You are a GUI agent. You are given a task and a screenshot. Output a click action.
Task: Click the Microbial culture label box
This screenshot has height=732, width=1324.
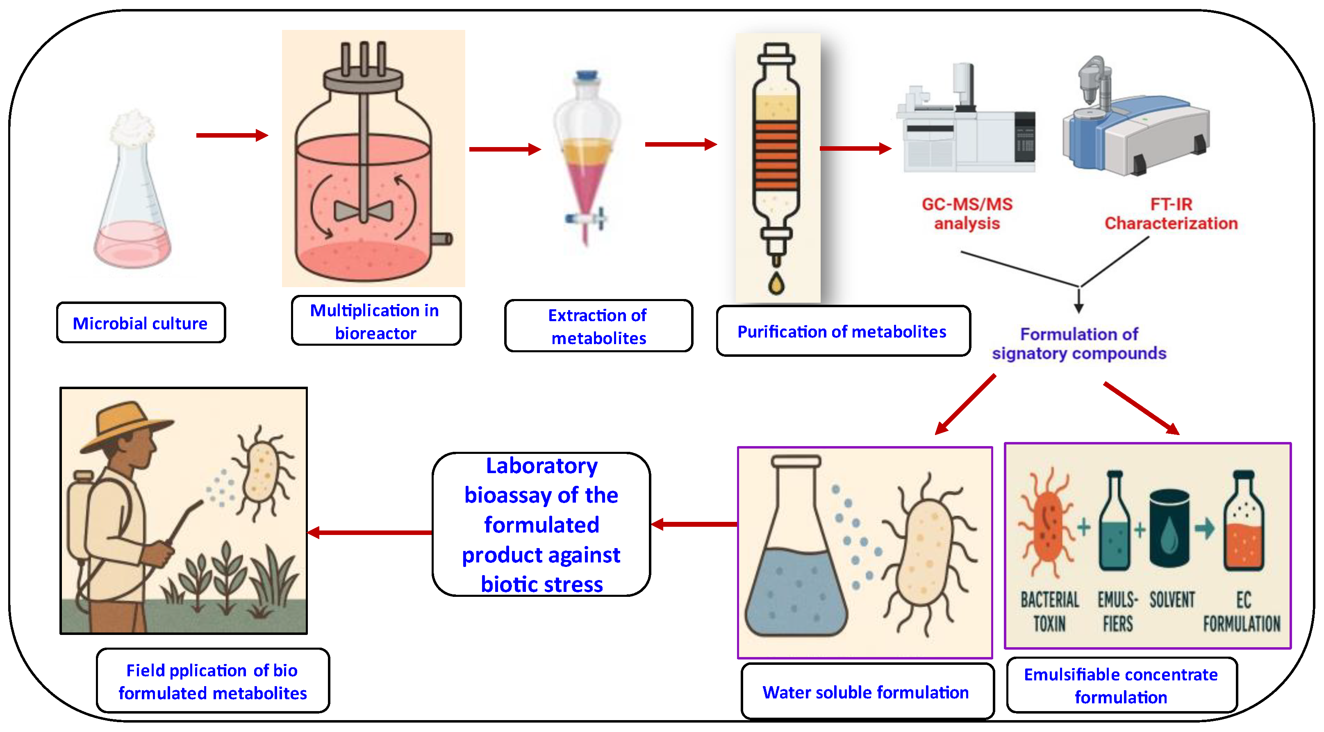(x=140, y=323)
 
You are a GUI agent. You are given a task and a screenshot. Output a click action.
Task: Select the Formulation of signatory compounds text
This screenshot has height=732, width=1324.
(x=1078, y=343)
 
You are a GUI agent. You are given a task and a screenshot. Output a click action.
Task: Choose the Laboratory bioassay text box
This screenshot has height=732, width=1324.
(x=541, y=524)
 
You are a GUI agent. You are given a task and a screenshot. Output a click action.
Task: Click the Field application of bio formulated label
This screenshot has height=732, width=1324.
(x=212, y=681)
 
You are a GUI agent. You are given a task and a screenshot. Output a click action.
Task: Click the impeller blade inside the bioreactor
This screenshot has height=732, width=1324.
(x=363, y=211)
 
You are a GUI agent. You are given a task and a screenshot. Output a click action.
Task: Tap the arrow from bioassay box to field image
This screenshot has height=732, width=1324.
(x=370, y=532)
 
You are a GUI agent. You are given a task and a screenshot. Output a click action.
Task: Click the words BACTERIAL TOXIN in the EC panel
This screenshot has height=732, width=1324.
(x=1049, y=611)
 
